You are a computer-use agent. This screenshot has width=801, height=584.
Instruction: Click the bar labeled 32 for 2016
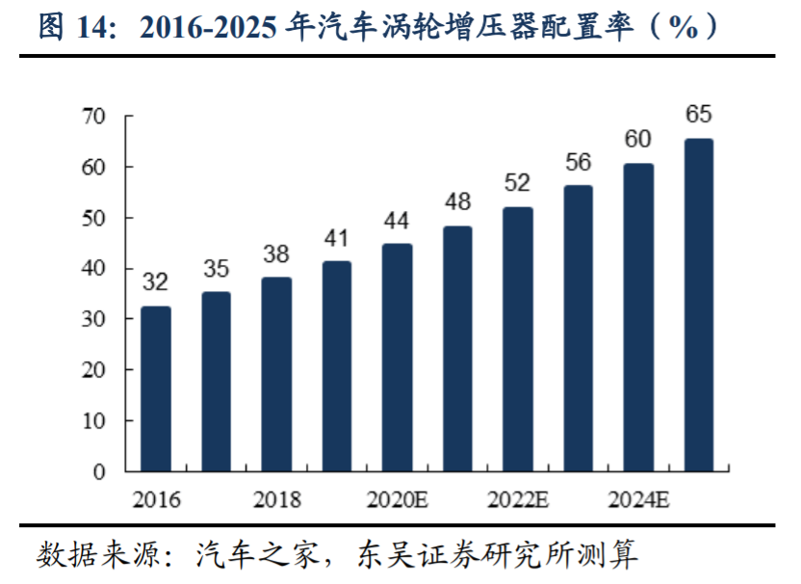pos(156,388)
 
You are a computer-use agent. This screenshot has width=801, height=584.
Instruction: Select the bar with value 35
pos(217,382)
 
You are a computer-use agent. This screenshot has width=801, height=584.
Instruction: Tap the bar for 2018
pos(277,374)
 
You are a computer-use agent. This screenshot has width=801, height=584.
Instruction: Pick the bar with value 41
pos(337,366)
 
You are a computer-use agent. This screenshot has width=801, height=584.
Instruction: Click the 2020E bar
pos(397,358)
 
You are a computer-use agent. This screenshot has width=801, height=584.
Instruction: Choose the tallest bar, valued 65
pos(699,305)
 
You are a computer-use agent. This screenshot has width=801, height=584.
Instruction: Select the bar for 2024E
pos(638,317)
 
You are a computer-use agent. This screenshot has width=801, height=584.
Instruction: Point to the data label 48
pos(457,202)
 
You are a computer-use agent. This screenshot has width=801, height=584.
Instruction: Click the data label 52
pos(518,183)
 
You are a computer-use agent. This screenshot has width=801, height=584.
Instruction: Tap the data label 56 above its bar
pos(578,162)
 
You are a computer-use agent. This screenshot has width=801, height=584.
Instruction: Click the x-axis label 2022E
pos(518,500)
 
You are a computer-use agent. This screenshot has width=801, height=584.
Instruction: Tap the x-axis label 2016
pos(156,500)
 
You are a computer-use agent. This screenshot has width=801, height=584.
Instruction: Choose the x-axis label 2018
pos(277,500)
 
